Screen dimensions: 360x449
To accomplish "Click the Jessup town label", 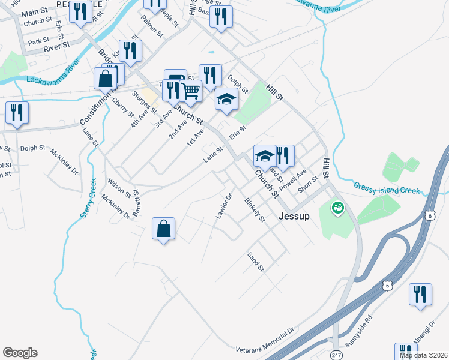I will pyautogui.click(x=294, y=217).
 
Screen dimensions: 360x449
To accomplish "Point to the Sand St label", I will pyautogui.click(x=256, y=260).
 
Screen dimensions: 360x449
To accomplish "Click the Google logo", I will pyautogui.click(x=20, y=353).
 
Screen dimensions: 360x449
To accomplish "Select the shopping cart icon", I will pyautogui.click(x=190, y=91).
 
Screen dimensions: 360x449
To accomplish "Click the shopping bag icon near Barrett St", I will pyautogui.click(x=163, y=228).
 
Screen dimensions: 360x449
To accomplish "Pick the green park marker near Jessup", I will pyautogui.click(x=338, y=208).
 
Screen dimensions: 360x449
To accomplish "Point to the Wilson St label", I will pyautogui.click(x=119, y=187).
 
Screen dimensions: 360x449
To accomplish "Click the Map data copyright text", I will pyautogui.click(x=423, y=355).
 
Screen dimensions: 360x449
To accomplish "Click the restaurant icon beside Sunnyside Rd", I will pyautogui.click(x=420, y=294).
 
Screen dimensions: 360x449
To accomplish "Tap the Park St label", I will pyautogui.click(x=38, y=41).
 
